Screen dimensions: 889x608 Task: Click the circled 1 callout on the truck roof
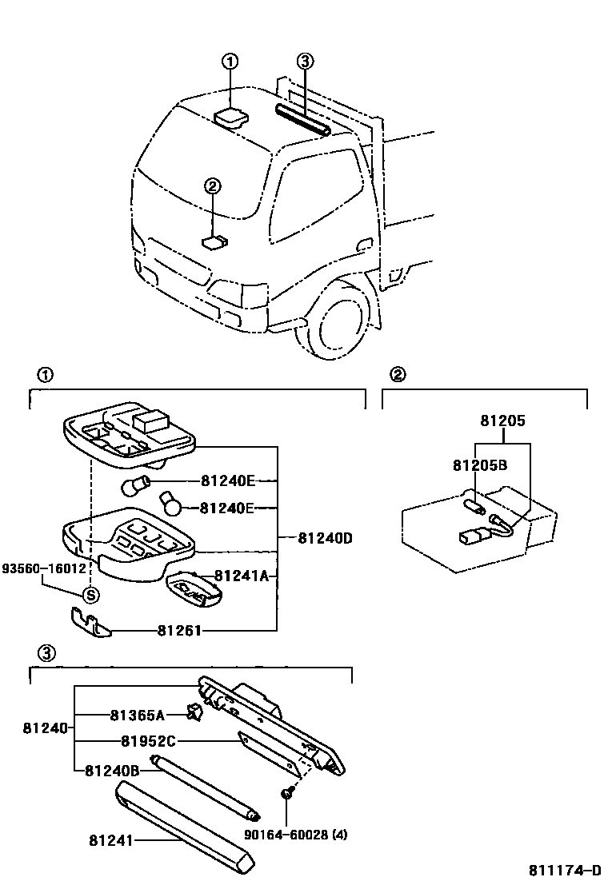[x=230, y=62]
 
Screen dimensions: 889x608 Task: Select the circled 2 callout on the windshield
[x=212, y=186]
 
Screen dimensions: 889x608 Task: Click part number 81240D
[x=326, y=538]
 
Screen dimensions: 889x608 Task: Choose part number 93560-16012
[x=43, y=568]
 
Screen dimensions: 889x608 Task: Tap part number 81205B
[x=480, y=465]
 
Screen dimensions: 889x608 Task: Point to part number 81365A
[x=137, y=715]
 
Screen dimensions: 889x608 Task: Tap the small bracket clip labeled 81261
[x=87, y=622]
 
